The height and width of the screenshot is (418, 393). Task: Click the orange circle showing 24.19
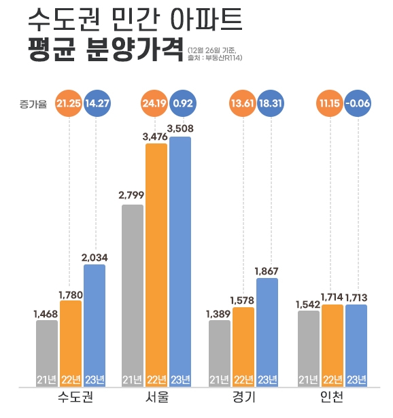tap(156, 104)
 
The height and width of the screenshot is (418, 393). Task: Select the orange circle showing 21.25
tap(69, 104)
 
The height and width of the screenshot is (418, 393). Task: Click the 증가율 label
tap(34, 104)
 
